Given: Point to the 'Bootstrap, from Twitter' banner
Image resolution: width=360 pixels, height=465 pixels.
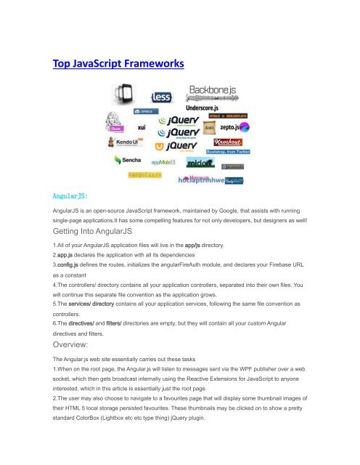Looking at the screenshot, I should pyautogui.click(x=229, y=152).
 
